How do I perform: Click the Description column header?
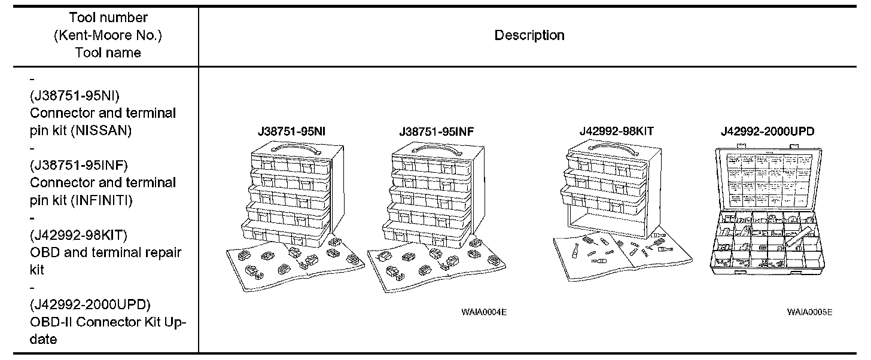(x=529, y=35)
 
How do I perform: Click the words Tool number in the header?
(x=108, y=18)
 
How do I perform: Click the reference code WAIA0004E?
(x=484, y=312)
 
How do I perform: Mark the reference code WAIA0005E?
(x=809, y=312)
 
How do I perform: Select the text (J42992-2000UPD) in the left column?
(x=90, y=304)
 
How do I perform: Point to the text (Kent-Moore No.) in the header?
(x=108, y=35)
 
